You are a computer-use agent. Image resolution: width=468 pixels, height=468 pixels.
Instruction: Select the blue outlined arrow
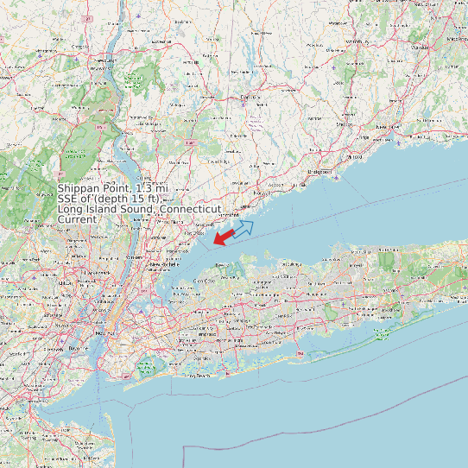pyautogui.click(x=244, y=228)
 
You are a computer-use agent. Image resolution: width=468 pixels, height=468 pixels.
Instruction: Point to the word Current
pyautogui.click(x=77, y=219)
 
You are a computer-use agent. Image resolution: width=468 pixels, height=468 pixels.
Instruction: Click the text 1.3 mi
pyautogui.click(x=151, y=188)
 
